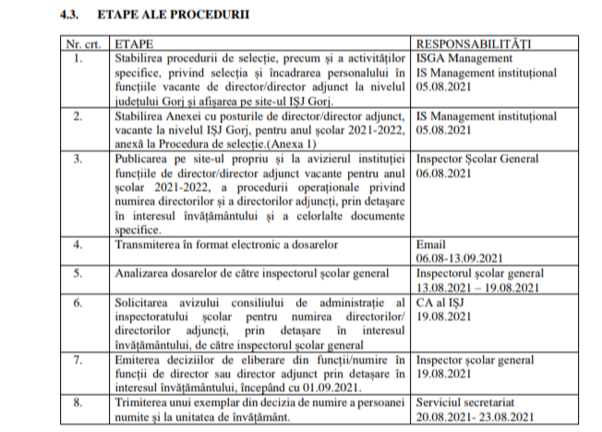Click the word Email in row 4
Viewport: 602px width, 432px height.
[x=431, y=245]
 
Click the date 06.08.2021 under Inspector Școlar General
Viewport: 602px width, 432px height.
[x=443, y=173]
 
